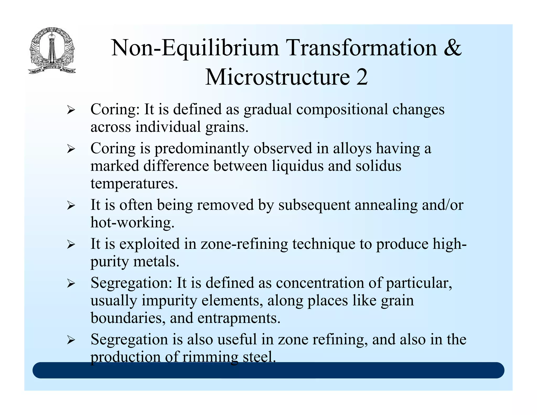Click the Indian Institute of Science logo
(52, 50)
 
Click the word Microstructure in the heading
(277, 77)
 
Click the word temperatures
(134, 184)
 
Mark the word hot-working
(132, 222)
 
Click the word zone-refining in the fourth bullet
(244, 244)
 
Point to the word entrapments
(239, 318)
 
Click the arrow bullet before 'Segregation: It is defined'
(71, 284)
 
